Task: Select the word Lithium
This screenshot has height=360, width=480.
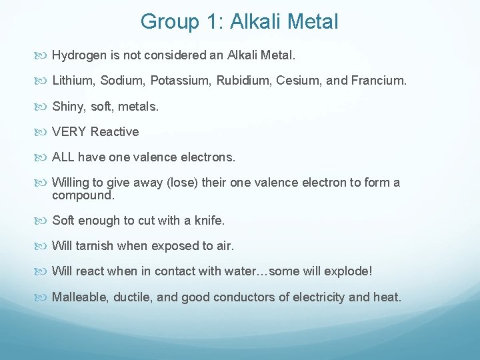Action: pos(73,80)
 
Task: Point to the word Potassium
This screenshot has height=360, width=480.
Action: pos(179,80)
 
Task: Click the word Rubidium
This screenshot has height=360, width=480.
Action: pos(239,80)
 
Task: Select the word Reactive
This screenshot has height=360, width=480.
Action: pos(115,132)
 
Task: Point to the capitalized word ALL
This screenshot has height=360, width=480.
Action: pos(63,158)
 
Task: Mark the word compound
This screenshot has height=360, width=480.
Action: pos(83,196)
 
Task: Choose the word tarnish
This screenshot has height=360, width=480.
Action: pos(94,246)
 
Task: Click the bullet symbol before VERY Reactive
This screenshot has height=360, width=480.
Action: pos(44,132)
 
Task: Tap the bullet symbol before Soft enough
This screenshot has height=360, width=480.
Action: pos(44,221)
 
